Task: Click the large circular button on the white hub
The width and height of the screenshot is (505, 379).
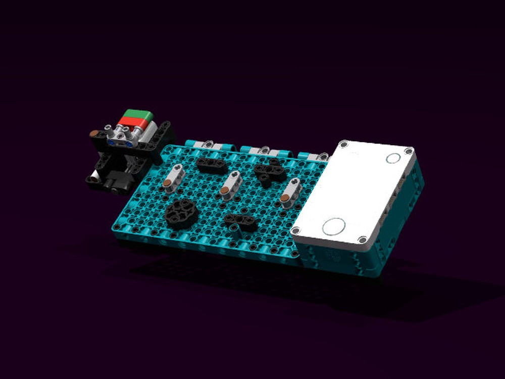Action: pos(333,226)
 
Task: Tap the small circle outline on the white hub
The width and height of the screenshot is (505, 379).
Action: pos(393,158)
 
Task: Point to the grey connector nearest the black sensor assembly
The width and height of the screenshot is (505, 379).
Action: pos(173,177)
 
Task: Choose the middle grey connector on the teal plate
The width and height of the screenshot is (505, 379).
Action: pos(230,183)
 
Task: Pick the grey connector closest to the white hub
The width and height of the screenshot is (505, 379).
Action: pos(291,193)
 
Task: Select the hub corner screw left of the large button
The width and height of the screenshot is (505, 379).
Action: pos(294,230)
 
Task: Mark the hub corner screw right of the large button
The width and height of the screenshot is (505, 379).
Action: pos(362,240)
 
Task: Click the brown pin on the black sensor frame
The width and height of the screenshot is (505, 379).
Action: pos(94,133)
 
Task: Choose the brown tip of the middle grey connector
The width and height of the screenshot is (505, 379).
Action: pos(224,191)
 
